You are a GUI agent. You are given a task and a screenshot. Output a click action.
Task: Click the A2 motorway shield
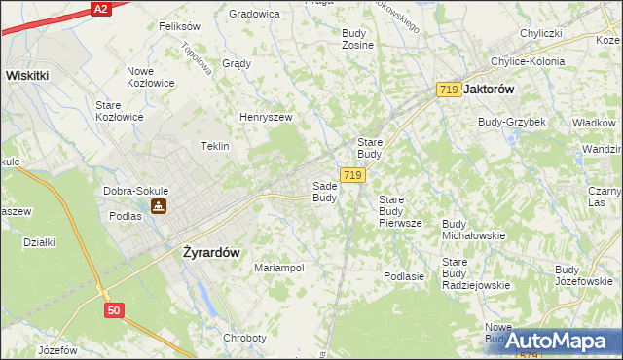[100, 8]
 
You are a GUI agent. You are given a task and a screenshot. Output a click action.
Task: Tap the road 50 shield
[114, 309]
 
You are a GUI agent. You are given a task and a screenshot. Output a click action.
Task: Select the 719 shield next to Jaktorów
[449, 90]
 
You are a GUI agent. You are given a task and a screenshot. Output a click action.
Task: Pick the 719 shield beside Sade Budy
[353, 175]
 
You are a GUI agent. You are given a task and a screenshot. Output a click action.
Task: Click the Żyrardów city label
[211, 251]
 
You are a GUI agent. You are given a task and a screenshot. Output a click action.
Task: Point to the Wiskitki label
[33, 74]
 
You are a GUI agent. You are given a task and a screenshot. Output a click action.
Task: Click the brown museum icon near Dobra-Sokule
[159, 206]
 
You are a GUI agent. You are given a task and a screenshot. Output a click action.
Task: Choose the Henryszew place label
[267, 118]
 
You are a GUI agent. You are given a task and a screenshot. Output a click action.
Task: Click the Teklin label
[214, 146]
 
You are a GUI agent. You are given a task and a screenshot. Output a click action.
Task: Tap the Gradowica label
[254, 14]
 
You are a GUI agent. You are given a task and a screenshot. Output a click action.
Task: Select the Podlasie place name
[404, 276]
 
